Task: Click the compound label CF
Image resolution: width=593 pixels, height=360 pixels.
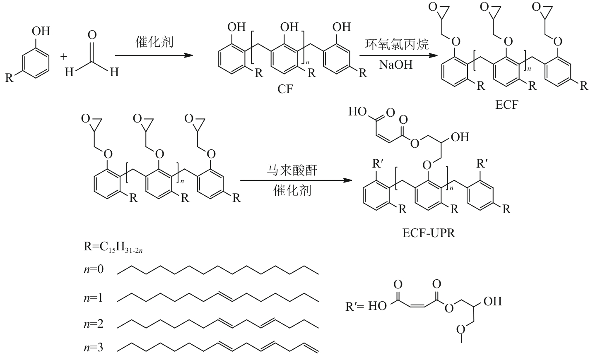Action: pyautogui.click(x=285, y=89)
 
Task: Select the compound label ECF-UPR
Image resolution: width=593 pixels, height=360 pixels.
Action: pyautogui.click(x=428, y=233)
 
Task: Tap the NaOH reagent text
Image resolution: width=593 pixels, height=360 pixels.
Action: pyautogui.click(x=395, y=65)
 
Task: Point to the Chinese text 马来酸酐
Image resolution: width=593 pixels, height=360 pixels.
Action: pyautogui.click(x=292, y=170)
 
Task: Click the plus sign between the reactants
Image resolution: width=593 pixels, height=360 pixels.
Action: pyautogui.click(x=63, y=57)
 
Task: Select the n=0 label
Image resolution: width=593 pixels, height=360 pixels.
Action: pyautogui.click(x=94, y=270)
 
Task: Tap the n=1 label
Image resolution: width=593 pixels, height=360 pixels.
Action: pyautogui.click(x=94, y=297)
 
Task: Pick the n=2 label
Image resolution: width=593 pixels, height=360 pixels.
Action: pyautogui.click(x=94, y=323)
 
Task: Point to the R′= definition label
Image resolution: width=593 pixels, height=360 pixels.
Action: pyautogui.click(x=354, y=307)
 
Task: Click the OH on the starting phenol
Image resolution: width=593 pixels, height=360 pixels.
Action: pyautogui.click(x=41, y=31)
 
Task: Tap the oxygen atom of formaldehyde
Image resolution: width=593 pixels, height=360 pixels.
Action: pyautogui.click(x=92, y=35)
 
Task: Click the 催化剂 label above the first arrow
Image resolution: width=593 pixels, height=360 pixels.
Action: pyautogui.click(x=154, y=42)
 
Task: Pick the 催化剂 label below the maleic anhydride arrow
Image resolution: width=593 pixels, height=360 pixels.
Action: pyautogui.click(x=292, y=191)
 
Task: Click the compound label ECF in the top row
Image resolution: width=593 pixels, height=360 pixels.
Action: pyautogui.click(x=506, y=105)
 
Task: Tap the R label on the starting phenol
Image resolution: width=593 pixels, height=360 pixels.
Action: pyautogui.click(x=9, y=78)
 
